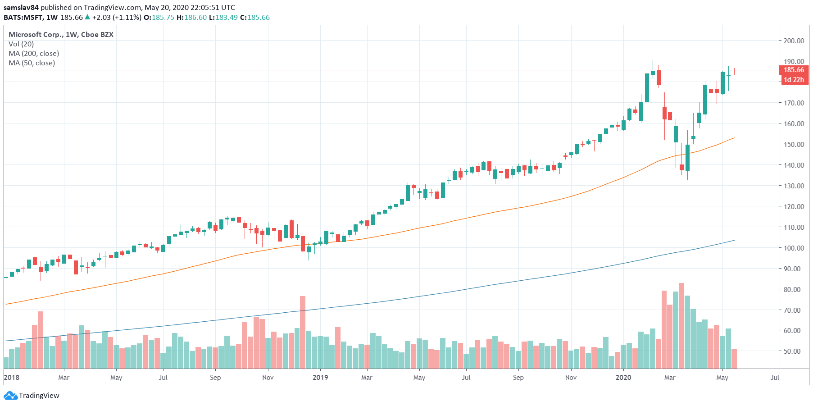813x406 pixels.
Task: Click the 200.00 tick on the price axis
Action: click(x=794, y=41)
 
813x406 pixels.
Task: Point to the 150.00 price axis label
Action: click(x=794, y=144)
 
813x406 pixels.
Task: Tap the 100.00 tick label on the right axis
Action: click(x=794, y=248)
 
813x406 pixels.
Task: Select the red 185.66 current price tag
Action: click(x=794, y=70)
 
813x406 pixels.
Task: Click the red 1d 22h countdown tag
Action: click(x=794, y=80)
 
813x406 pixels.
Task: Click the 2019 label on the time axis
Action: click(x=320, y=378)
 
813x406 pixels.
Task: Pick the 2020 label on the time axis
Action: click(x=623, y=378)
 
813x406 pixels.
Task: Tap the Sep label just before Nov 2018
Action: click(x=215, y=378)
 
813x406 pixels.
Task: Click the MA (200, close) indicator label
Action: click(x=34, y=54)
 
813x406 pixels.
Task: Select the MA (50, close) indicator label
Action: click(x=32, y=63)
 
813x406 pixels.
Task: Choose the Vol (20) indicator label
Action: click(x=21, y=44)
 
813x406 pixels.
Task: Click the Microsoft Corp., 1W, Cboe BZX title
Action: click(x=61, y=35)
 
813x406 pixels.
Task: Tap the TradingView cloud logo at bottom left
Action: click(x=10, y=396)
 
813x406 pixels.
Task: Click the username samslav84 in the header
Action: click(x=21, y=8)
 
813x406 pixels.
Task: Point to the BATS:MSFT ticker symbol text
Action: click(x=23, y=18)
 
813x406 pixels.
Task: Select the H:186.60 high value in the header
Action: click(x=191, y=18)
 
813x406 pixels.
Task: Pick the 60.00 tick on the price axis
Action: click(x=794, y=331)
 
